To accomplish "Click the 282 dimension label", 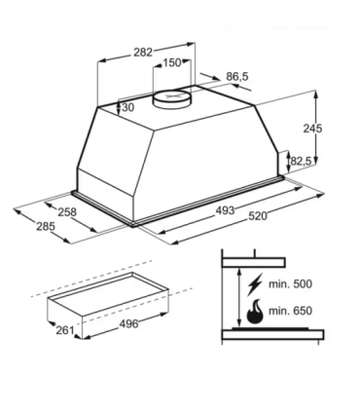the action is pos(143,53).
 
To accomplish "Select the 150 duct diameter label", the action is pos(171,62).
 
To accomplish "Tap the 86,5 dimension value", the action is pos(237,77).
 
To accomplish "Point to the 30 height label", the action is pos(128,107).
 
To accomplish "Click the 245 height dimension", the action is pos(312,129).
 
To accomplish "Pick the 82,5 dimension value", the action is pos(301,161).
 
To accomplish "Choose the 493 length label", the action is pos(225,210).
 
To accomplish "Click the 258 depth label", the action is pos(67,212).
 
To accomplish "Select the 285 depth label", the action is pos(46,226).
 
